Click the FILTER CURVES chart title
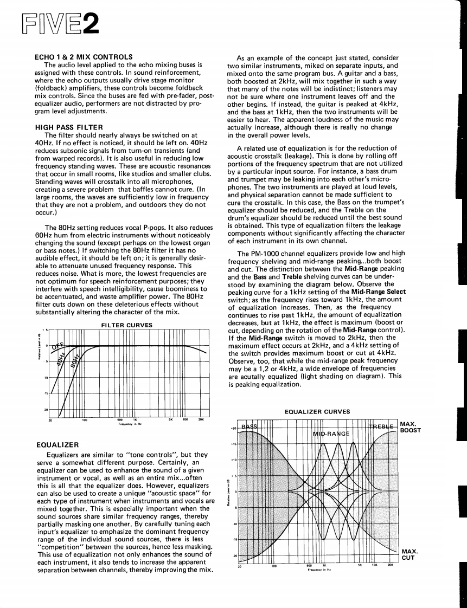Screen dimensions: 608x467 (127, 326)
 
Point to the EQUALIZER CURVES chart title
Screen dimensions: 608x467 (317, 412)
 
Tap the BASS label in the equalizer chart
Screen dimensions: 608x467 (250, 426)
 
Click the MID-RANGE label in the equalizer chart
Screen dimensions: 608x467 (332, 434)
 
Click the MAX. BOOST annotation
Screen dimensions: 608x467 (410, 427)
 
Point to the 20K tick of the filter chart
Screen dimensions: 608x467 (201, 419)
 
